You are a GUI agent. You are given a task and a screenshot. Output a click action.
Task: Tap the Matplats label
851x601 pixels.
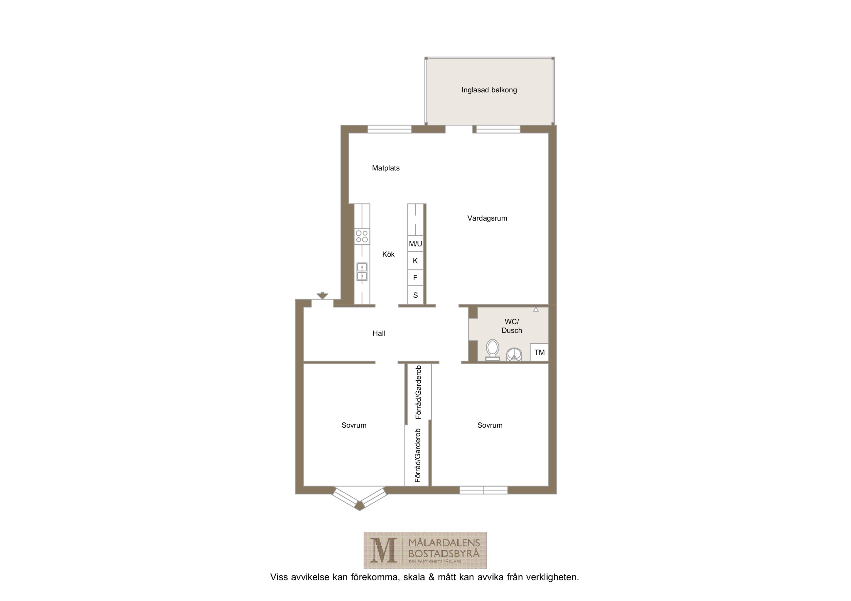tap(386, 168)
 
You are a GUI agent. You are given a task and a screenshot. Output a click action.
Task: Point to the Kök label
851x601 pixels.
tap(388, 254)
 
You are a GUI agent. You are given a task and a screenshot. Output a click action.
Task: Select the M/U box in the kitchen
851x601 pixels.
tap(416, 244)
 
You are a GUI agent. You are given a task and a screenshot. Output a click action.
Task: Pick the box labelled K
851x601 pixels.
tap(416, 261)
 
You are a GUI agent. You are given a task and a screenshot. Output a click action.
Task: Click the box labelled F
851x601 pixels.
tap(416, 277)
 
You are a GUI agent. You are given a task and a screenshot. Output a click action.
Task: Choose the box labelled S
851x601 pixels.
tap(416, 295)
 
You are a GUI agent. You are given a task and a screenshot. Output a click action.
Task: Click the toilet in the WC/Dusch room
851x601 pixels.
tap(492, 350)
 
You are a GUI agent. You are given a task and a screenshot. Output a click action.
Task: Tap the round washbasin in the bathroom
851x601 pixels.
tap(514, 354)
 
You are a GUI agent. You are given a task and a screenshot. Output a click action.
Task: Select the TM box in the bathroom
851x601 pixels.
tap(539, 352)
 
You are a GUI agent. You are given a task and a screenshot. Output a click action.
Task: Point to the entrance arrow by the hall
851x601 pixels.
tap(322, 295)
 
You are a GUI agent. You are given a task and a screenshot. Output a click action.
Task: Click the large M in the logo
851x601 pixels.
tap(384, 550)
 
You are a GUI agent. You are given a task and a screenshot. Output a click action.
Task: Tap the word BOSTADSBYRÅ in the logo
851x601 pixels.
tap(444, 554)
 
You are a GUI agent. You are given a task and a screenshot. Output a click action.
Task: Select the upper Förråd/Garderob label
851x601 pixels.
tap(418, 392)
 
